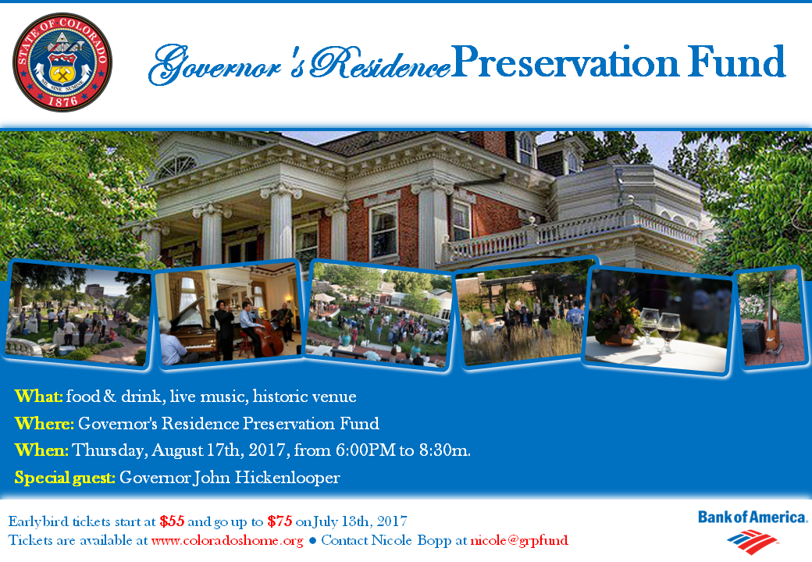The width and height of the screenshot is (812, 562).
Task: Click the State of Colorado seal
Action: click(x=62, y=62)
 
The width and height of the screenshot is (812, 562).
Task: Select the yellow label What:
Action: click(x=39, y=397)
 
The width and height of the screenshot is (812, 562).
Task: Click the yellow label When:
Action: click(x=41, y=450)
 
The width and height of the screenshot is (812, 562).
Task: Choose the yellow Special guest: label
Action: click(x=65, y=478)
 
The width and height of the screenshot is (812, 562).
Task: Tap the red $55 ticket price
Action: click(x=173, y=521)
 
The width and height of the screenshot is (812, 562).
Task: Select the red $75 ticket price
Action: click(x=280, y=521)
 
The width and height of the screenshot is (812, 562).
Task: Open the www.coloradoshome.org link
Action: click(x=227, y=540)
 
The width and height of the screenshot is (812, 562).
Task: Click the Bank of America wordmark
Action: click(x=753, y=517)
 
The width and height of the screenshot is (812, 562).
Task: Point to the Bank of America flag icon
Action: click(x=752, y=541)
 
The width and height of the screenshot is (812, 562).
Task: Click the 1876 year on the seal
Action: click(x=62, y=99)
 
